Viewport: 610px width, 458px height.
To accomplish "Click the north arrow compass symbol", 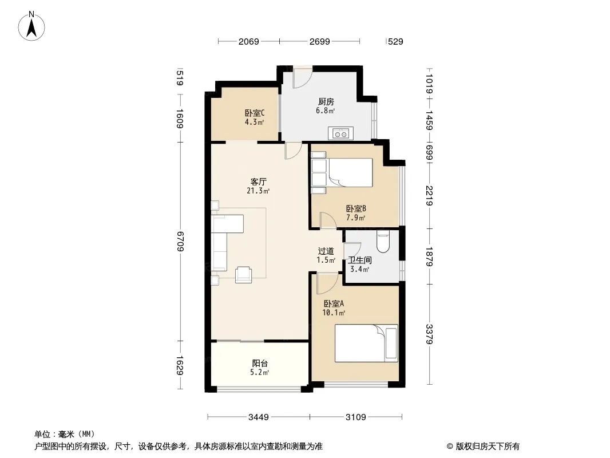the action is [x=31, y=26].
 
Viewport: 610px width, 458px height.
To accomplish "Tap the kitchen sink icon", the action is [x=340, y=133].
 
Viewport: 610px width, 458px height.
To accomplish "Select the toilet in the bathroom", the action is [x=383, y=241].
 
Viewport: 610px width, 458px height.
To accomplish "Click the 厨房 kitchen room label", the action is [x=326, y=102].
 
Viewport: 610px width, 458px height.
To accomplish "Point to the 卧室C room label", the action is [x=255, y=113].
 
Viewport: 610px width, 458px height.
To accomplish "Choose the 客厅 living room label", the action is [x=258, y=181].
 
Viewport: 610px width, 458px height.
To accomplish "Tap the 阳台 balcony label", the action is [x=260, y=364].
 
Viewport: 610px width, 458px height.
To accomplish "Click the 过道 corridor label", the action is [x=326, y=251].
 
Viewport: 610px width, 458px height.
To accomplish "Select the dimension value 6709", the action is [x=180, y=241].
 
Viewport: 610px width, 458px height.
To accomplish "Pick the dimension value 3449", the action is [x=258, y=417].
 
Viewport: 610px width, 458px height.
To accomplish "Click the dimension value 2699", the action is [x=320, y=41].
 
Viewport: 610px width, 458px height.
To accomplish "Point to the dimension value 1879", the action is [x=429, y=256].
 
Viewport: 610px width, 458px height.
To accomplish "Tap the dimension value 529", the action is [x=395, y=41].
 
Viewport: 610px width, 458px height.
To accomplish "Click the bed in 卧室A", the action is [x=366, y=343].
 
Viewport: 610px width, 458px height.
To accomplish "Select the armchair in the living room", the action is [x=244, y=274].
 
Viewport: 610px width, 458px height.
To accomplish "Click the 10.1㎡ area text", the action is [x=334, y=313].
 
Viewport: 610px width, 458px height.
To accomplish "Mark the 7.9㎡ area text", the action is [x=356, y=218].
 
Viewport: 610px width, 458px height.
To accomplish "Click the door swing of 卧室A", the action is [x=326, y=284].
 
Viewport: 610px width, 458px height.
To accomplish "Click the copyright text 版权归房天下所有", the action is [x=488, y=447].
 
